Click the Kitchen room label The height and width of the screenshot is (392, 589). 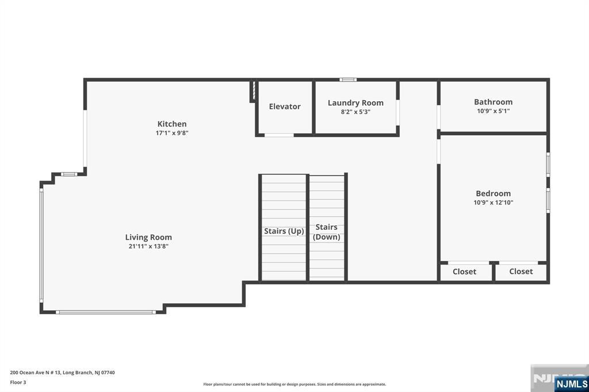pyautogui.click(x=171, y=124)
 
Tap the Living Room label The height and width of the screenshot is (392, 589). pyautogui.click(x=148, y=237)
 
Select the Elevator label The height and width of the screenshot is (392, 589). pyautogui.click(x=285, y=106)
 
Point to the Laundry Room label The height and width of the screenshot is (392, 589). pyautogui.click(x=355, y=103)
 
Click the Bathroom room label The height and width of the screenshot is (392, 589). pyautogui.click(x=493, y=102)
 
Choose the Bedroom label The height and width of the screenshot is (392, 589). pyautogui.click(x=493, y=193)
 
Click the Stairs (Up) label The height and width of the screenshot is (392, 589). pyautogui.click(x=284, y=231)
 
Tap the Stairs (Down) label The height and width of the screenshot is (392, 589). pyautogui.click(x=327, y=232)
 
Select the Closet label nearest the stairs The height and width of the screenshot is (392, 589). pyautogui.click(x=464, y=271)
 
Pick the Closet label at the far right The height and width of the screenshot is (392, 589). pyautogui.click(x=521, y=271)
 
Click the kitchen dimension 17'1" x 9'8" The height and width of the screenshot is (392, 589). pyautogui.click(x=172, y=133)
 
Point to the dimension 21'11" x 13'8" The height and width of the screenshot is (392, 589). pyautogui.click(x=148, y=247)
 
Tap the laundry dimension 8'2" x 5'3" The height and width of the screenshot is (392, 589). pyautogui.click(x=355, y=112)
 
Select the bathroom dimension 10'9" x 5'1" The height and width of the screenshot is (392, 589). pyautogui.click(x=493, y=111)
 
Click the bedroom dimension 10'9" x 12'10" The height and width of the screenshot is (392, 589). pyautogui.click(x=493, y=202)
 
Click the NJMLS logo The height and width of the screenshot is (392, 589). pyautogui.click(x=571, y=384)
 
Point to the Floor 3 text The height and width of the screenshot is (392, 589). pyautogui.click(x=18, y=382)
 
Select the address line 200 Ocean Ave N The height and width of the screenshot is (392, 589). pyautogui.click(x=62, y=372)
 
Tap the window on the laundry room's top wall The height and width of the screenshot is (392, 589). pyautogui.click(x=348, y=79)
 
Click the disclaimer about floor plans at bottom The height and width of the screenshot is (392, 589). pyautogui.click(x=294, y=384)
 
